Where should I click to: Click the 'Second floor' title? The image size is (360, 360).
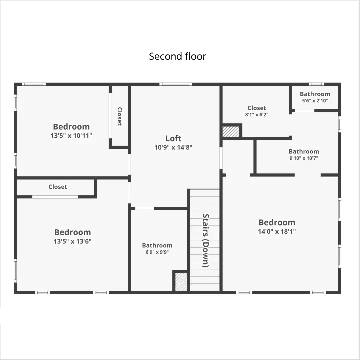(177, 56)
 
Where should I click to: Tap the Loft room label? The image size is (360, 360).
(173, 138)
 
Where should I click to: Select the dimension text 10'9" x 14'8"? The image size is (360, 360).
(173, 147)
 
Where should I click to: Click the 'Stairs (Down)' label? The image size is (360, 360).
(205, 240)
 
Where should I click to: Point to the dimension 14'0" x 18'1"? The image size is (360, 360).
(277, 231)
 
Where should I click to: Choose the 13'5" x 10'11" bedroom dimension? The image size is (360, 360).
(71, 135)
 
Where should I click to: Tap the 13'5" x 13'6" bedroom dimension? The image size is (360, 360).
(73, 241)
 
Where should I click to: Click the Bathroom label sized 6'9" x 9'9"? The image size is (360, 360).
(157, 245)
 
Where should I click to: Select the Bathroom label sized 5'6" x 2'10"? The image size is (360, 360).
(315, 94)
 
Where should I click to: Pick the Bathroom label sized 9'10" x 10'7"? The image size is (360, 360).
(304, 151)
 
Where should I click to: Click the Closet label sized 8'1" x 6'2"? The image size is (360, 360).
(257, 108)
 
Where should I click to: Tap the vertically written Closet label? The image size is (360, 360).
(120, 116)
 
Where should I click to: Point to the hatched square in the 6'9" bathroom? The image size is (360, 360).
(181, 282)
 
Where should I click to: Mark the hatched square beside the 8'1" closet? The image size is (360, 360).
(231, 132)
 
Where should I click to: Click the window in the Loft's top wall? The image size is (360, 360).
(175, 84)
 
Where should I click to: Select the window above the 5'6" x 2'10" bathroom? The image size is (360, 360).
(316, 84)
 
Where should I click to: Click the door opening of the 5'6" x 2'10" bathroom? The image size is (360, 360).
(304, 111)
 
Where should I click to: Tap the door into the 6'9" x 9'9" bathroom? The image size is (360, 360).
(144, 208)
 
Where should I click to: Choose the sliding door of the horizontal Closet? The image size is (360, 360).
(55, 197)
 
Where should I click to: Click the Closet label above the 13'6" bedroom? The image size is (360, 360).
(58, 187)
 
